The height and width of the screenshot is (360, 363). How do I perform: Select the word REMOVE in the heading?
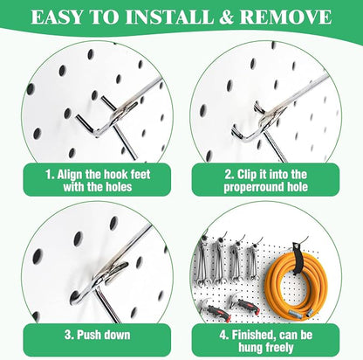285,17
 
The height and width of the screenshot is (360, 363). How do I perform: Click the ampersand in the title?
221,17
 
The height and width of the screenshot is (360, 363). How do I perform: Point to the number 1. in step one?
50,175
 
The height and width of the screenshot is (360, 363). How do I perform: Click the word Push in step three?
87,335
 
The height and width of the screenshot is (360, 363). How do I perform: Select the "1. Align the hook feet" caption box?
97,180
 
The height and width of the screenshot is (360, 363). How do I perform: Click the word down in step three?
116,335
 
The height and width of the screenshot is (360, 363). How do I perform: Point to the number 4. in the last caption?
224,336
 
